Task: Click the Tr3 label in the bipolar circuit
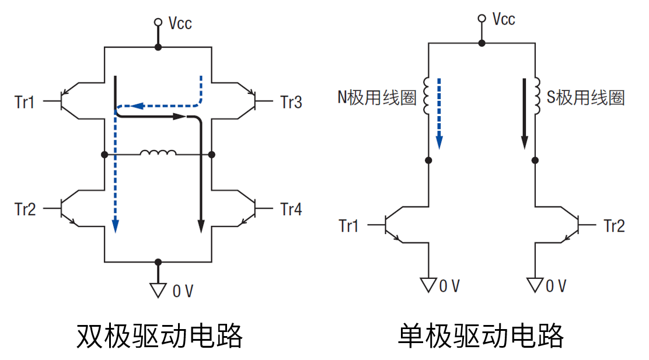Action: tap(291, 103)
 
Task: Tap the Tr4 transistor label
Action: tap(291, 209)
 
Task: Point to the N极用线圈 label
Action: tap(377, 97)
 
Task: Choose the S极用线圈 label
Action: tap(585, 97)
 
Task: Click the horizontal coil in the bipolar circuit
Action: tap(158, 153)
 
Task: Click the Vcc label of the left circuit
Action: tap(180, 23)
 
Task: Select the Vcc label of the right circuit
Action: tap(504, 19)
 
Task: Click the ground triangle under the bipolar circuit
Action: tap(158, 290)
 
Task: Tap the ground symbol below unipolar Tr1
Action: tap(428, 285)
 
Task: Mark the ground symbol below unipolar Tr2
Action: tap(535, 285)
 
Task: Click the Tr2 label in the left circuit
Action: tap(25, 209)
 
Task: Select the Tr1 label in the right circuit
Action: tap(348, 226)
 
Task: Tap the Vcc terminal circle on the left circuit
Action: tap(158, 22)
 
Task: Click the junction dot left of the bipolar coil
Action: tap(104, 155)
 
